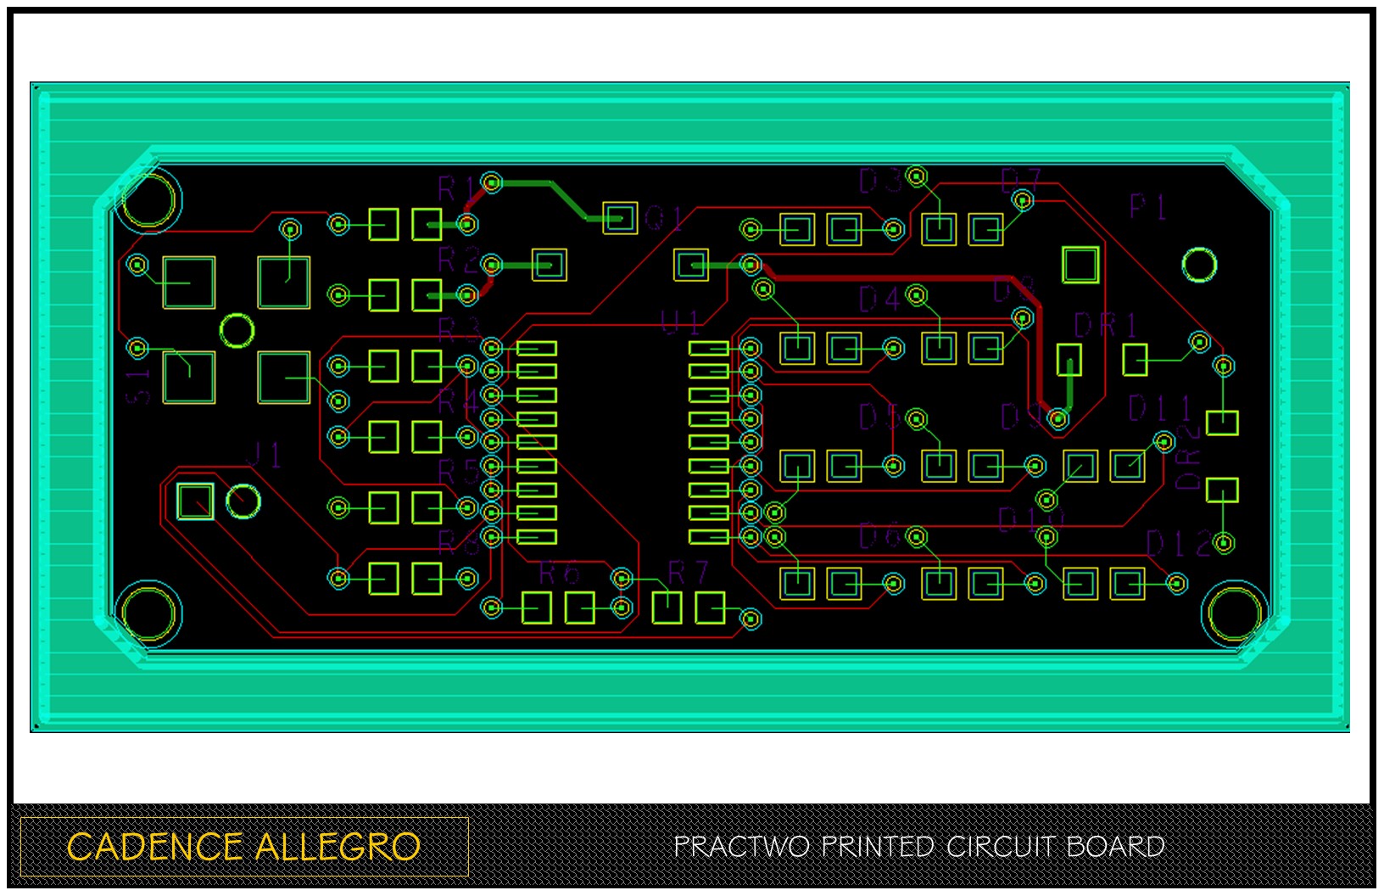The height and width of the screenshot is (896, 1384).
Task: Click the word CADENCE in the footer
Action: click(x=154, y=847)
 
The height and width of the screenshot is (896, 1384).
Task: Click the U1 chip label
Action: click(x=681, y=322)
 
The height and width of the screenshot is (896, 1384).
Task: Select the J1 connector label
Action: click(x=264, y=455)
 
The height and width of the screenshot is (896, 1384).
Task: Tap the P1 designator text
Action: click(x=1148, y=206)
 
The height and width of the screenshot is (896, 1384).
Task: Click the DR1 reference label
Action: click(x=1104, y=326)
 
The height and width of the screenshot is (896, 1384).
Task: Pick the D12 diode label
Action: click(x=1179, y=544)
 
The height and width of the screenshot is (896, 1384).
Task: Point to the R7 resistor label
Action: click(x=688, y=574)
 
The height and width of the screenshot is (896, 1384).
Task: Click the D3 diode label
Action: click(x=880, y=181)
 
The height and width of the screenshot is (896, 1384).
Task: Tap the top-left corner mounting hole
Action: click(x=149, y=199)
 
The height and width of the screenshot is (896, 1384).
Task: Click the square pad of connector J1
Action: click(x=195, y=501)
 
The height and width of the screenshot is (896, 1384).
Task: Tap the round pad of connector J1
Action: click(x=243, y=501)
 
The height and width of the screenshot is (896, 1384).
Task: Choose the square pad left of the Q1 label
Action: click(x=620, y=218)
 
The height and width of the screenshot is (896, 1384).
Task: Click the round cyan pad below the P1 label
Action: click(x=1199, y=266)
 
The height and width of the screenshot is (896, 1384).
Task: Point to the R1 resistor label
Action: click(x=456, y=188)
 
